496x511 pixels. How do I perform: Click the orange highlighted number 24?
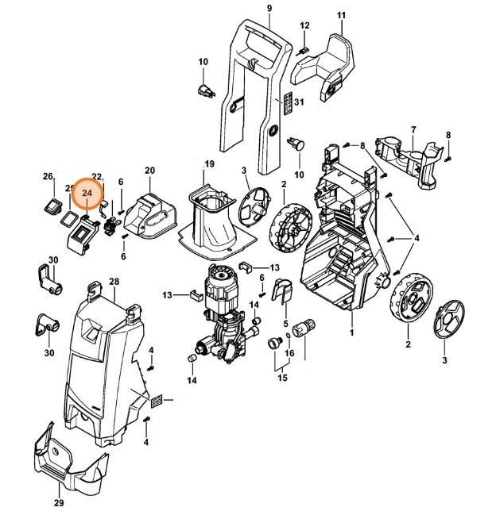point(87,192)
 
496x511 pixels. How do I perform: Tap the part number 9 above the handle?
point(269,8)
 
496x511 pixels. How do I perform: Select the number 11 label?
point(341,16)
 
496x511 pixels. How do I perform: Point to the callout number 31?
point(299,103)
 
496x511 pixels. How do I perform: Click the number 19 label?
point(209,163)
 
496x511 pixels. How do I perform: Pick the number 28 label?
point(114,282)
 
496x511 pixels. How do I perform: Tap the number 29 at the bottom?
point(58,503)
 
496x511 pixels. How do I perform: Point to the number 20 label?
point(149,170)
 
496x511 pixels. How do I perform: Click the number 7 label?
point(413,129)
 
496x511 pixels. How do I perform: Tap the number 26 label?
point(48,176)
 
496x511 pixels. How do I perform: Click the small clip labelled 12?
point(302,51)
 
